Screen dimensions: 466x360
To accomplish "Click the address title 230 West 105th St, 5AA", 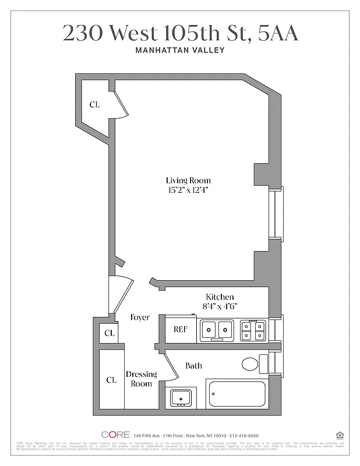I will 180,34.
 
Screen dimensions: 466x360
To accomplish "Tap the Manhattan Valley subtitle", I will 180,50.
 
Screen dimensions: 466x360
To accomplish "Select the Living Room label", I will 188,181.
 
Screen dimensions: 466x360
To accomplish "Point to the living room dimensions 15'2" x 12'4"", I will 188,190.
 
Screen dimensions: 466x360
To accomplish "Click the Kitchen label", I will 220,297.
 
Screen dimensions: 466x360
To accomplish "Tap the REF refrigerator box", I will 180,330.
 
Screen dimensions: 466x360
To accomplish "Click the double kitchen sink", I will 217,330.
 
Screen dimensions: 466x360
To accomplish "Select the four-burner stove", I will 253,330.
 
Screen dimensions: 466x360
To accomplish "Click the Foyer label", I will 140,317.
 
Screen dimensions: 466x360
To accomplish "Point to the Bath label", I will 194,366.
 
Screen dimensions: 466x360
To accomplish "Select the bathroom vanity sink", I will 181,398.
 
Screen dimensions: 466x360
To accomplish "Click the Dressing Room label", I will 141,379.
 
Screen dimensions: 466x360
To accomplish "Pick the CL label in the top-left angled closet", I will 94,105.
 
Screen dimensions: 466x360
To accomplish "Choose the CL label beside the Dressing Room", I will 111,380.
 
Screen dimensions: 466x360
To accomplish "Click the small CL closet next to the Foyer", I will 109,334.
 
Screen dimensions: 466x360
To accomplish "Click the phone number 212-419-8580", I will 241,436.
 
